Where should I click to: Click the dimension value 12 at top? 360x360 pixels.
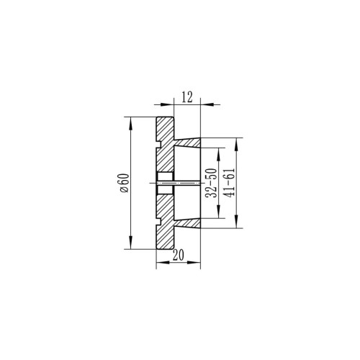[187, 97]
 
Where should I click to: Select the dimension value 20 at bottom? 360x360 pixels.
[179, 255]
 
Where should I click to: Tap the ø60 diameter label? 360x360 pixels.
[125, 183]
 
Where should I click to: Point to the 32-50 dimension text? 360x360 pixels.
[212, 183]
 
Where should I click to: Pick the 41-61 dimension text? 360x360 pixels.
[230, 183]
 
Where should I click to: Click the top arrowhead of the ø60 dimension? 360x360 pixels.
[130, 123]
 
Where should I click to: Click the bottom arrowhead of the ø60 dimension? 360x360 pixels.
[130, 243]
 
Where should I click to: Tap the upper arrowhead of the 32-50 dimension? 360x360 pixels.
[219, 154]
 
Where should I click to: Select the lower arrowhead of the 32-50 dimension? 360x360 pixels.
[219, 212]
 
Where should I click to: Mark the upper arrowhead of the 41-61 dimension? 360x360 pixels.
[237, 145]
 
